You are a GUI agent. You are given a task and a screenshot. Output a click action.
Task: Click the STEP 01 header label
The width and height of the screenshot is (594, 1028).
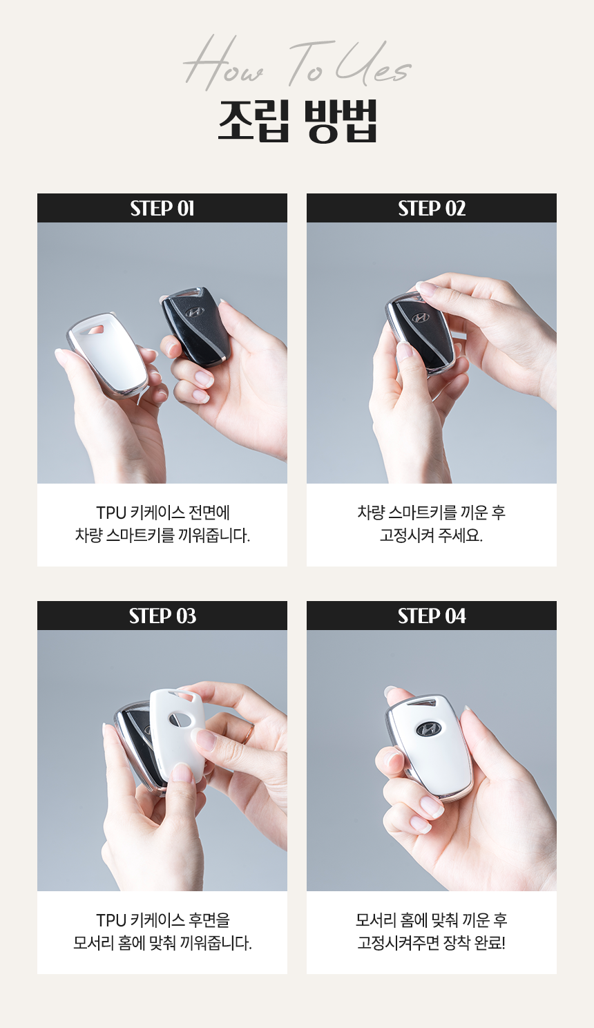click(x=162, y=209)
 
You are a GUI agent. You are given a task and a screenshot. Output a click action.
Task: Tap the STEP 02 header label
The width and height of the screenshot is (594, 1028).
click(x=432, y=209)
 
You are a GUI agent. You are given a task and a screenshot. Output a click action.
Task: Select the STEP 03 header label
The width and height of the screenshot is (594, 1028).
click(x=162, y=616)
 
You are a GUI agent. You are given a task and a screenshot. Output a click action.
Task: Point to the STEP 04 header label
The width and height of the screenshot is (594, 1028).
click(x=432, y=616)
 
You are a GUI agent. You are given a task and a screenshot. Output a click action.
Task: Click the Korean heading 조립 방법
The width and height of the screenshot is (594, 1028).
click(x=297, y=120)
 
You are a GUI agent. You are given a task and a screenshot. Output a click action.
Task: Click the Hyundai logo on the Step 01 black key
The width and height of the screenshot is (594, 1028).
click(x=194, y=312)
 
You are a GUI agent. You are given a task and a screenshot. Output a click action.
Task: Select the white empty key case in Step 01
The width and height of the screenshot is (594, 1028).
click(x=108, y=354)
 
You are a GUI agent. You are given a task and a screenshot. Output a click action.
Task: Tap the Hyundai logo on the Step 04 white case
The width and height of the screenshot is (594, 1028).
click(x=428, y=728)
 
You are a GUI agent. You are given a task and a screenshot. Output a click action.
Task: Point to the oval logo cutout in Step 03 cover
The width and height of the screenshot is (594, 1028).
click(x=180, y=720)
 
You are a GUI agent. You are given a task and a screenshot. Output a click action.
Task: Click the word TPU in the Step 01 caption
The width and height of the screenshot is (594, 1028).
click(x=111, y=513)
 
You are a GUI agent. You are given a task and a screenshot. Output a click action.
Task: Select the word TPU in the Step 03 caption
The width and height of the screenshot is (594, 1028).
click(x=111, y=921)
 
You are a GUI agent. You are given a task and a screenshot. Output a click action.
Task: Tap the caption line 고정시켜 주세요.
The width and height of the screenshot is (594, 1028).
click(x=431, y=535)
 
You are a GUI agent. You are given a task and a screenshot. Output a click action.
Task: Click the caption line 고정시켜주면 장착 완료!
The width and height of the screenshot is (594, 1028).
click(x=431, y=943)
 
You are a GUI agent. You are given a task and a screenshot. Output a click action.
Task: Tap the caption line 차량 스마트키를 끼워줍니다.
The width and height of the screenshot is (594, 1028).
click(x=162, y=535)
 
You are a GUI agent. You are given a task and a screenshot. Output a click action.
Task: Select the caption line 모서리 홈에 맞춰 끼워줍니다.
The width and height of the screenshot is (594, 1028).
click(x=162, y=943)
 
